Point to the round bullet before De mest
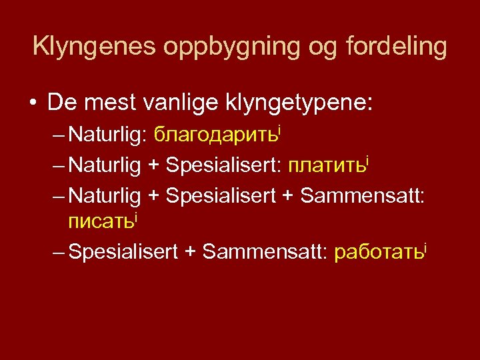click(32, 104)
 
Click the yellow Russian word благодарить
click(215, 137)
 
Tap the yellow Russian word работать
click(377, 252)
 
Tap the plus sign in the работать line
click(189, 252)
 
